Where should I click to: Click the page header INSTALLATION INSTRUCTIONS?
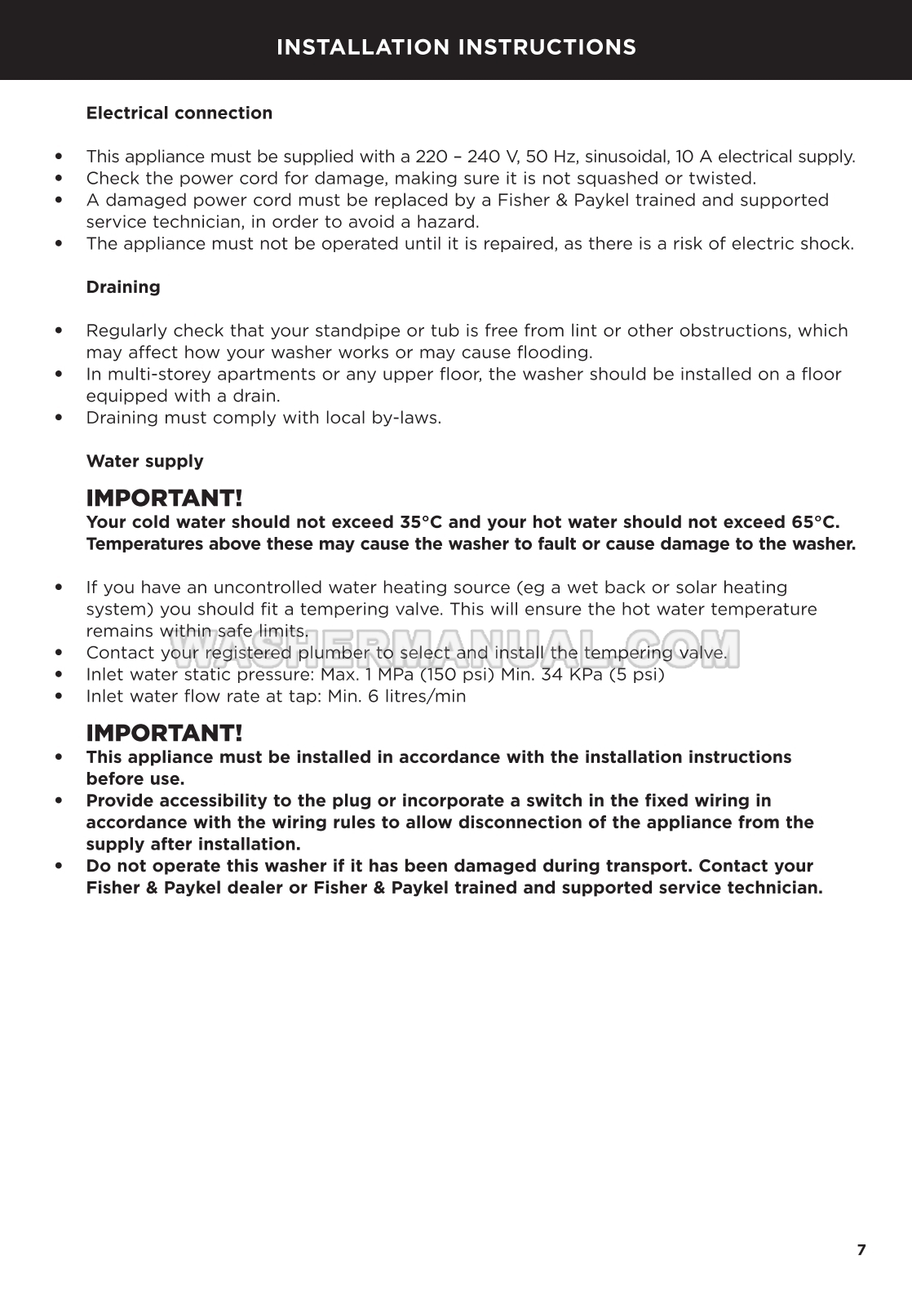tap(456, 47)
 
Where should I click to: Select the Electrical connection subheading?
tap(179, 113)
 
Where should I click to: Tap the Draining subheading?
tap(123, 287)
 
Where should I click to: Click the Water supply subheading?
tap(144, 461)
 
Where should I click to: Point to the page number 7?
tap(861, 1250)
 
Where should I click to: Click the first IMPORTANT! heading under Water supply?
tap(164, 498)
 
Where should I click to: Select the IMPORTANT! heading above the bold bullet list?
tap(164, 733)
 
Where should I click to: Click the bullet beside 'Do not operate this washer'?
tap(59, 867)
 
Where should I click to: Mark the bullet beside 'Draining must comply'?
tap(59, 418)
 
